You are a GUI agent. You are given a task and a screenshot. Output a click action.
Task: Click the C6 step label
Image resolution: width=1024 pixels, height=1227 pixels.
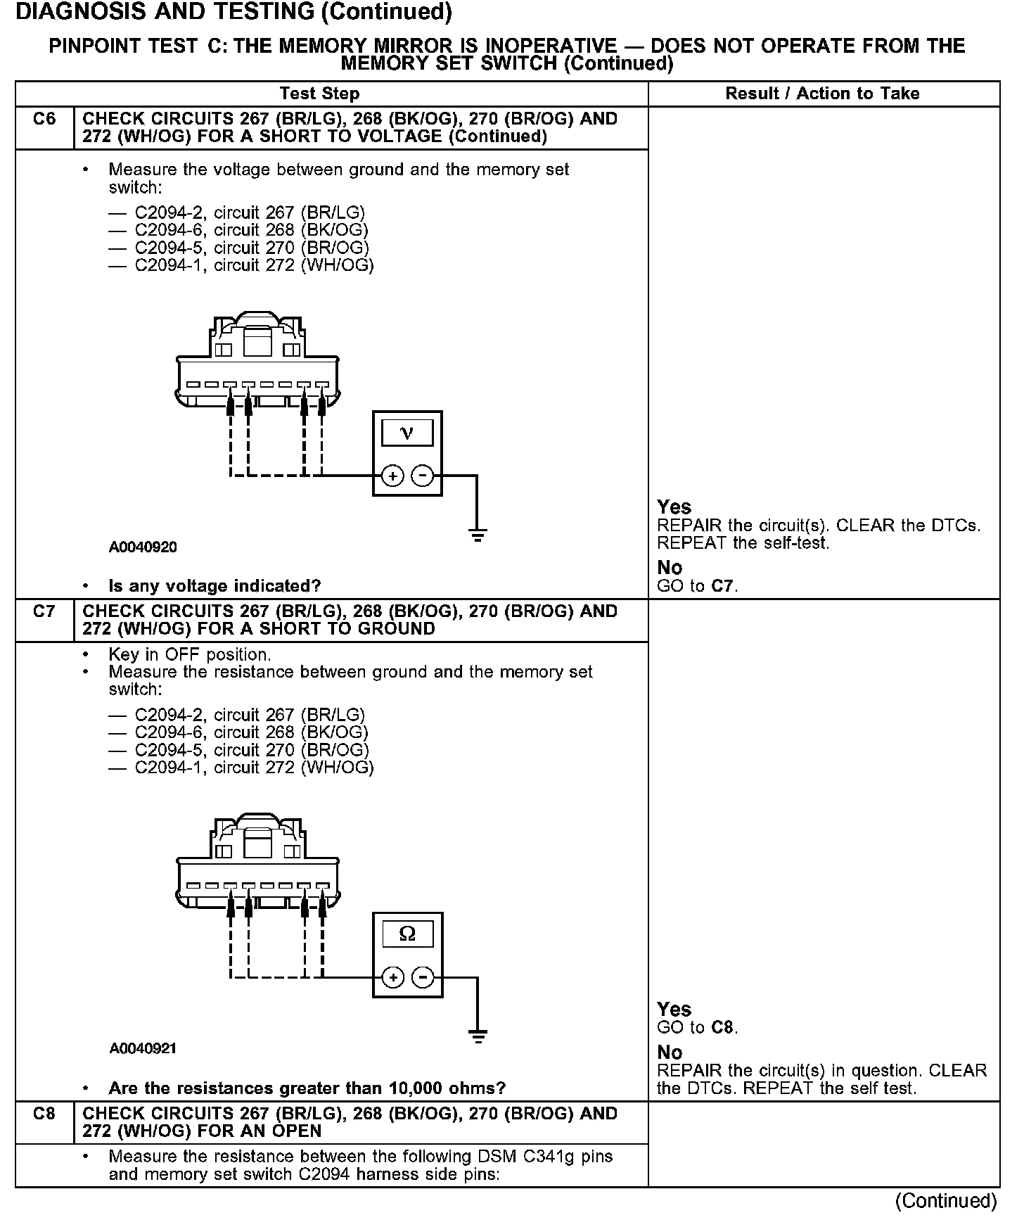[x=44, y=119]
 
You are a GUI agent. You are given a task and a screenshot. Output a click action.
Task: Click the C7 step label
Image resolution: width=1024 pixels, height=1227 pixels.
[x=44, y=611]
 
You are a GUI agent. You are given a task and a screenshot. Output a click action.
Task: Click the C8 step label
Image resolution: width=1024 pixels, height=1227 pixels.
[x=44, y=1114]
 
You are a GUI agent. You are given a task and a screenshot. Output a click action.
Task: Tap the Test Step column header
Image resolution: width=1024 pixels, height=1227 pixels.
[x=319, y=94]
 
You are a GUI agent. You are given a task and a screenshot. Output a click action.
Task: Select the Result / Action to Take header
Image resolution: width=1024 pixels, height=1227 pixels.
[x=822, y=94]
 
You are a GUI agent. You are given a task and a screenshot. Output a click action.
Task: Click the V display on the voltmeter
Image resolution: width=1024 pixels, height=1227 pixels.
[x=407, y=432]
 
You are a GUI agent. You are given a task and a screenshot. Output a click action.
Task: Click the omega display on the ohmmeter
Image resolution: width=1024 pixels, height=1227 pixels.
[x=407, y=934]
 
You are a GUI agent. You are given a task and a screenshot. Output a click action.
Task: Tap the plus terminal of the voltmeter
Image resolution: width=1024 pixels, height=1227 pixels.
[x=392, y=476]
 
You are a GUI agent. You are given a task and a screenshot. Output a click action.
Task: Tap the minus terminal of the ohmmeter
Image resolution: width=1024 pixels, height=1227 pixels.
[x=423, y=978]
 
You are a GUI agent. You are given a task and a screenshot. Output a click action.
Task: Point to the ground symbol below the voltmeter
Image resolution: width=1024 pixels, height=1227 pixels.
[x=477, y=535]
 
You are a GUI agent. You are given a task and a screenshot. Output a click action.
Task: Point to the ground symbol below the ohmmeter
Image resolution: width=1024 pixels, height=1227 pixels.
[x=478, y=1036]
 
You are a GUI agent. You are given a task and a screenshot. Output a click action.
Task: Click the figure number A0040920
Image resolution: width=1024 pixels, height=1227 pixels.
[x=143, y=547]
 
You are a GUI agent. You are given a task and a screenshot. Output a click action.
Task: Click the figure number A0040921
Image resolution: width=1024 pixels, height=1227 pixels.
[x=143, y=1048]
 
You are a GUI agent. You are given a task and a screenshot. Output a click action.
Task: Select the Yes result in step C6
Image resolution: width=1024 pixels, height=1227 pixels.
[x=674, y=507]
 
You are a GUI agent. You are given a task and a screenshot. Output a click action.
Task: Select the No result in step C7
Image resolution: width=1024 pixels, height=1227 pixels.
[x=670, y=1053]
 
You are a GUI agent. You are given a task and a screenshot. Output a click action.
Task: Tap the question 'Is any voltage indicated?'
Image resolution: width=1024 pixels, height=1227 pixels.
[x=215, y=585]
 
